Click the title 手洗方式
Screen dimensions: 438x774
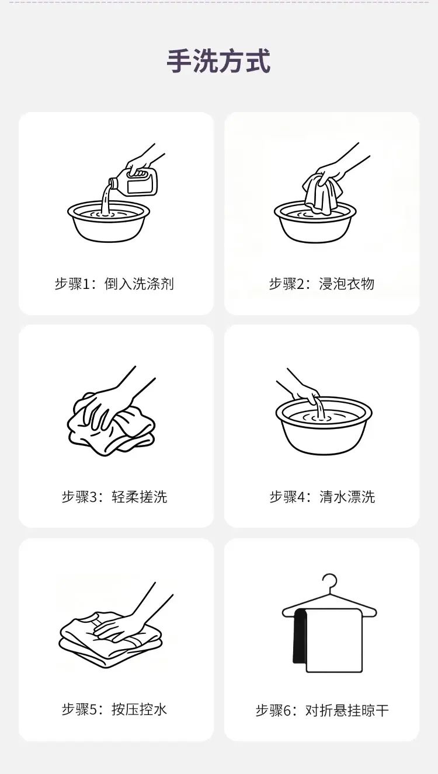point(218,61)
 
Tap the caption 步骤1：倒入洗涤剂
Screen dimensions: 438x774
point(114,284)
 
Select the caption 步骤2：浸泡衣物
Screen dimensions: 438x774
point(322,284)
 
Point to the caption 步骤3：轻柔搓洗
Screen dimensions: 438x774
point(114,497)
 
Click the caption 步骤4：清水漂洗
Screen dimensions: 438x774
point(322,497)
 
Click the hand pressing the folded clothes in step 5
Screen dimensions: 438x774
point(131,619)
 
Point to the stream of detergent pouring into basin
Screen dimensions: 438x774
point(106,200)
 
